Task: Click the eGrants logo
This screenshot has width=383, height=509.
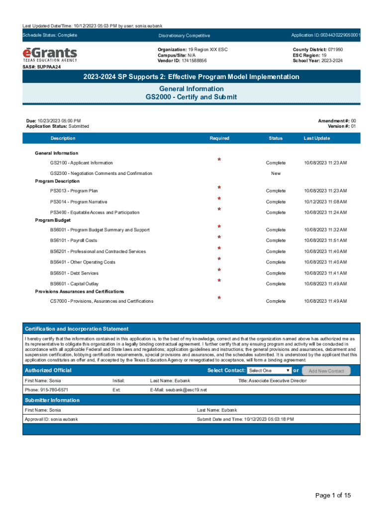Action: click(x=50, y=54)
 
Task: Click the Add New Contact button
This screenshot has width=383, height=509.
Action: click(x=326, y=371)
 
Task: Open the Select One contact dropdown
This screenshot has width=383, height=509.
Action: click(x=269, y=371)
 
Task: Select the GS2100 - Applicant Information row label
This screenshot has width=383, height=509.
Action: click(x=81, y=163)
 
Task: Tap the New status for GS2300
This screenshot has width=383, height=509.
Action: click(x=276, y=173)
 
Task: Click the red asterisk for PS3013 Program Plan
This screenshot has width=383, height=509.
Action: click(x=219, y=187)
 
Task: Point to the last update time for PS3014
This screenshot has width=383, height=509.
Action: click(x=325, y=202)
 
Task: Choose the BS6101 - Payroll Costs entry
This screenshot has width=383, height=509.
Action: click(x=74, y=241)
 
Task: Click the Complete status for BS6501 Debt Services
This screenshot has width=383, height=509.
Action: click(x=276, y=273)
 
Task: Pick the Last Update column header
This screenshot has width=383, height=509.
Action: click(x=316, y=138)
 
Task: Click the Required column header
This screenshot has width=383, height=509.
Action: click(x=219, y=138)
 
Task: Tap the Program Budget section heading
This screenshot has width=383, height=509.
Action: click(x=53, y=220)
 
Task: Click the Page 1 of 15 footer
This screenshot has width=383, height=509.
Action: click(x=333, y=495)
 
